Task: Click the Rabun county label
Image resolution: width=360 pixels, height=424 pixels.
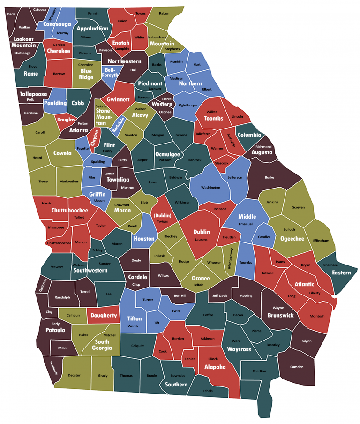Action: tap(164, 14)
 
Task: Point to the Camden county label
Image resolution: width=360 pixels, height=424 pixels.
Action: tap(297, 366)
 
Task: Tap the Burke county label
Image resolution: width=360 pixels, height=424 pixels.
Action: tap(270, 177)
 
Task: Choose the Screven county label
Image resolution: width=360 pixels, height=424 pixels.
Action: tap(299, 207)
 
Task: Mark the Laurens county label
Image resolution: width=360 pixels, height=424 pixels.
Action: tap(201, 239)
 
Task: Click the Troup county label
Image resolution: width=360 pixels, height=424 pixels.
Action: tap(43, 182)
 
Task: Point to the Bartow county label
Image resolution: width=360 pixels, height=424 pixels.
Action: tap(59, 74)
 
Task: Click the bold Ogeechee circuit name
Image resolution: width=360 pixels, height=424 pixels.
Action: tap(292, 239)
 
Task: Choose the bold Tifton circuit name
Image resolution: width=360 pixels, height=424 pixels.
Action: tap(135, 318)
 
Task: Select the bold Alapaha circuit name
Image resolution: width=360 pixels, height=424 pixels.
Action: tap(215, 367)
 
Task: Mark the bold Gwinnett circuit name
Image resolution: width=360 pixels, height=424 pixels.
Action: tap(118, 99)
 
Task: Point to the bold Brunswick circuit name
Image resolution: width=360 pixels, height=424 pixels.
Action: tap(281, 315)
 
